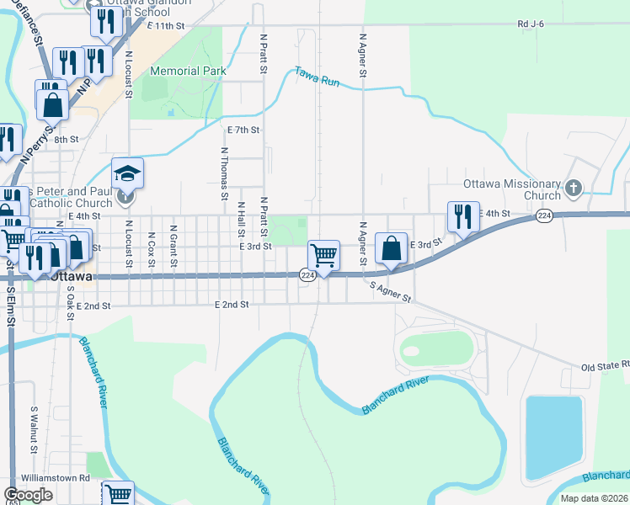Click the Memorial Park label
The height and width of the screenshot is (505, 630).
point(188,72)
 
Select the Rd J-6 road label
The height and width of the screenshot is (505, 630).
point(531,24)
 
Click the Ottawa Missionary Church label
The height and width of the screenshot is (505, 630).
point(512,189)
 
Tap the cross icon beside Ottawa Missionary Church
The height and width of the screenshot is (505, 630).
point(574,187)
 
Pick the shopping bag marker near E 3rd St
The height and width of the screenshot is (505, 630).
point(391,248)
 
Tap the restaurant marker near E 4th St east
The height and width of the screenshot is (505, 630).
point(462,217)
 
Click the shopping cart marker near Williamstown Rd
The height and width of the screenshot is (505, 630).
point(118,494)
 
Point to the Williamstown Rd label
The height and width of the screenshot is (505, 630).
point(56,477)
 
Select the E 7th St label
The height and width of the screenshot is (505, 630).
point(243,130)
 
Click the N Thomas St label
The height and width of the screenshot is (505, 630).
point(225,174)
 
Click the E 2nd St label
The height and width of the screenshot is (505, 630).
point(232,304)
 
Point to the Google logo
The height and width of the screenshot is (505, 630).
point(28,495)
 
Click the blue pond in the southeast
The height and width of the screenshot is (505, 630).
point(554,438)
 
